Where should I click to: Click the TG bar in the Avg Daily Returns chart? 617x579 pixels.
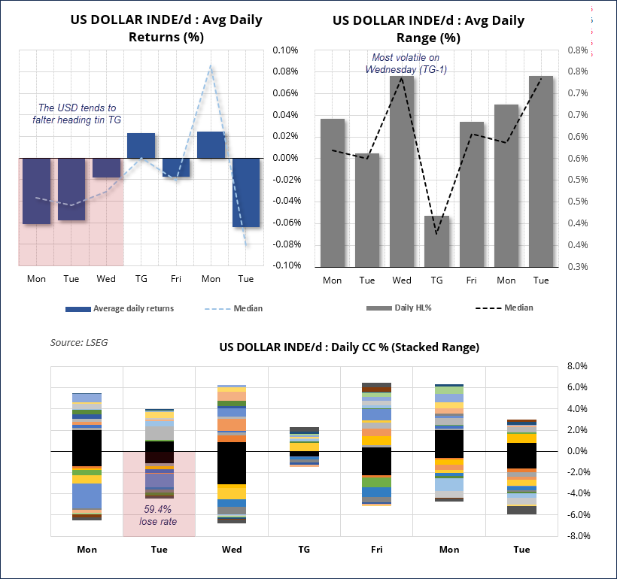click(141, 145)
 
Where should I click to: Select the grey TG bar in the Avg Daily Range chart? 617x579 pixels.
click(436, 241)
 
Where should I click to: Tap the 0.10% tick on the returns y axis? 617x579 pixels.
click(284, 50)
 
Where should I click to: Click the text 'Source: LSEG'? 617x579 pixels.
click(80, 342)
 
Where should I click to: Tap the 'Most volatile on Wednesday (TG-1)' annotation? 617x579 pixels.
click(406, 63)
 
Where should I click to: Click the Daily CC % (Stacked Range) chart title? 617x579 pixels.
click(349, 347)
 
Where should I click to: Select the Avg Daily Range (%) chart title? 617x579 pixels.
click(429, 29)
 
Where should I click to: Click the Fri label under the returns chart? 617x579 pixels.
click(175, 279)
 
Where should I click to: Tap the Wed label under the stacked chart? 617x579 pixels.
click(232, 550)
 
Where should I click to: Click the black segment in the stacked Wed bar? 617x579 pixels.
click(232, 462)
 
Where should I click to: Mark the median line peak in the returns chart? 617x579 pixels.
click(211, 66)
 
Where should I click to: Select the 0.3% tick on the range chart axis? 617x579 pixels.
click(577, 266)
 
